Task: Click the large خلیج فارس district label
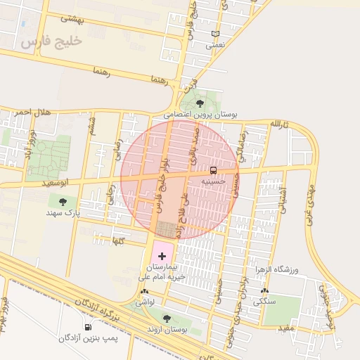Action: (51, 41)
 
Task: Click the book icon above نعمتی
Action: (215, 34)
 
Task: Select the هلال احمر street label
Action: (32, 112)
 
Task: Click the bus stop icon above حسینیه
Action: (213, 170)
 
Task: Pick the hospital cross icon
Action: (162, 256)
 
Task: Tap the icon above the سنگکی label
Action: (264, 290)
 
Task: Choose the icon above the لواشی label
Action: (145, 291)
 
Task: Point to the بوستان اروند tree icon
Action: (166, 319)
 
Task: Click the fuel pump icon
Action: (88, 327)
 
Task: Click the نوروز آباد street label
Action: (30, 145)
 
